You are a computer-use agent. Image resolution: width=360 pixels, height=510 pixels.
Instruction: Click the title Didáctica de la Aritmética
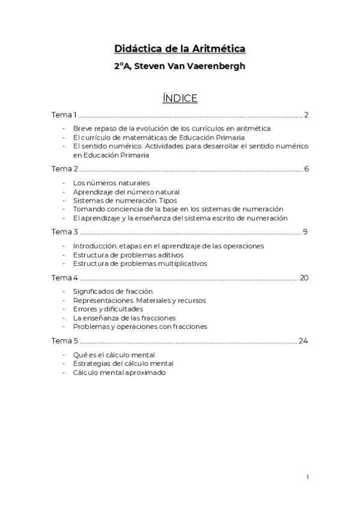(180, 49)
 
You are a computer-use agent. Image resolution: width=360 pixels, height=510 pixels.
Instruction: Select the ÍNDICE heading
(180, 98)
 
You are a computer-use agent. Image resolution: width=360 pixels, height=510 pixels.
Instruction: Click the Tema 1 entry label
(64, 115)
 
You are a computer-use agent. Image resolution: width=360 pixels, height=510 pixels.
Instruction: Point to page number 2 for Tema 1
(306, 115)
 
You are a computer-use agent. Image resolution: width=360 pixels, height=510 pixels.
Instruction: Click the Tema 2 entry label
(64, 168)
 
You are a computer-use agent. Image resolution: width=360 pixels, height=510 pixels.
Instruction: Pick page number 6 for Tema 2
(306, 168)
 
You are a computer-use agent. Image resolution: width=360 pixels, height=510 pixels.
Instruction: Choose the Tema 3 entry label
(64, 232)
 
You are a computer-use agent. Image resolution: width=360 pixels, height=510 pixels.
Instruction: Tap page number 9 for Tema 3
(306, 232)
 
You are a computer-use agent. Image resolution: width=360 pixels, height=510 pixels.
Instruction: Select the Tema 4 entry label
(64, 277)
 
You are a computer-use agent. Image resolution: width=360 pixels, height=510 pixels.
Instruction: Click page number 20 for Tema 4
(304, 277)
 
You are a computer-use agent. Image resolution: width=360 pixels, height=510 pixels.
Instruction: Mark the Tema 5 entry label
(64, 340)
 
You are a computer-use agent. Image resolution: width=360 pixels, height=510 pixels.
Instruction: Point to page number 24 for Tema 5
(304, 340)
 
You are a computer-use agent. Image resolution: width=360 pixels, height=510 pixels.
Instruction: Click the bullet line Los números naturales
(111, 182)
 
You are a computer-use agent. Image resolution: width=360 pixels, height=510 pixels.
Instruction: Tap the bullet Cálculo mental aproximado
(119, 372)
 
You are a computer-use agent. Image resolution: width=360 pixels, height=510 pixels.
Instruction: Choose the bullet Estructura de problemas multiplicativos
(139, 263)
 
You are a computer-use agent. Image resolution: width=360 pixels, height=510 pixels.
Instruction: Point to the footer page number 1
(307, 477)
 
